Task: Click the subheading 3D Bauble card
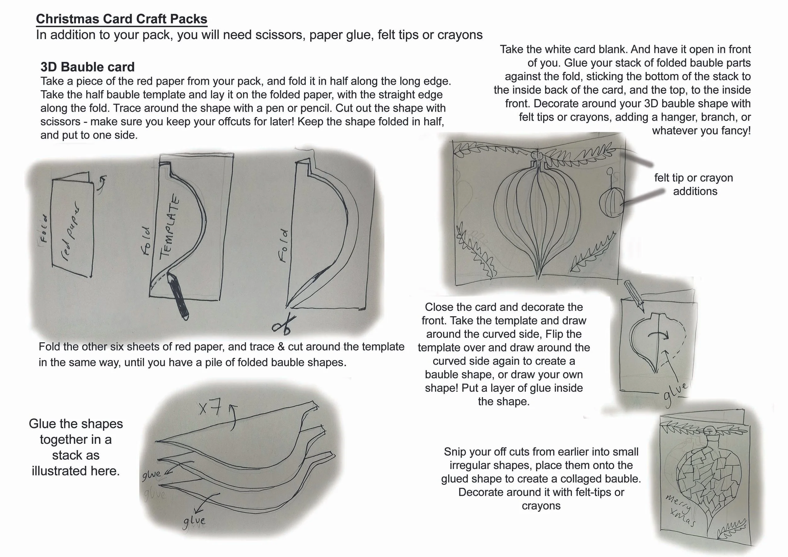[87, 67]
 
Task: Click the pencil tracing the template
[178, 295]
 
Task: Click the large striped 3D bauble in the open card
[537, 220]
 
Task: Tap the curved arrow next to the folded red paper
[101, 182]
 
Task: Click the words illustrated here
[76, 471]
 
